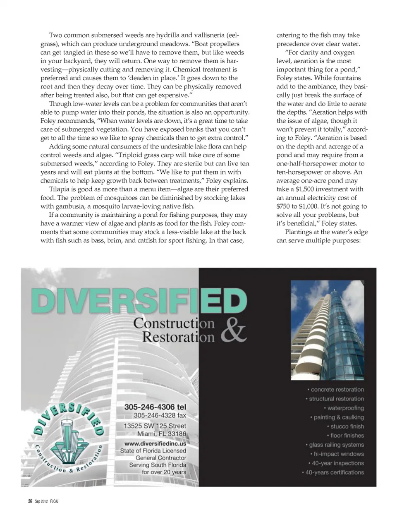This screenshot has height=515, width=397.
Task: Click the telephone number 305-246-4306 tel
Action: [155, 407]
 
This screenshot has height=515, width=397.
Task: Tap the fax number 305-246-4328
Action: [160, 415]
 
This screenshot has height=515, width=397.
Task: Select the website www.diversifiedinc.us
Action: [155, 443]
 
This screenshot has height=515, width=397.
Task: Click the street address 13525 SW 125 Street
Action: [155, 426]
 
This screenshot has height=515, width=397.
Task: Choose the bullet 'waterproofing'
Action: [345, 408]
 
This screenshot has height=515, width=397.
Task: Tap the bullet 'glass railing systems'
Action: [336, 445]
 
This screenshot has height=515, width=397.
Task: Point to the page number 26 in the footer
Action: [30, 501]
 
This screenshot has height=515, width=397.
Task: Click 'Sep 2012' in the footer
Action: [41, 501]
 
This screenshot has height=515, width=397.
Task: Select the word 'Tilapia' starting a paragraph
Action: [60, 189]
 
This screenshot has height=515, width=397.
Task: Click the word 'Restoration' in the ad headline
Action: [178, 336]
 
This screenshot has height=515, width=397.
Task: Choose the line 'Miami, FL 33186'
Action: [162, 434]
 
